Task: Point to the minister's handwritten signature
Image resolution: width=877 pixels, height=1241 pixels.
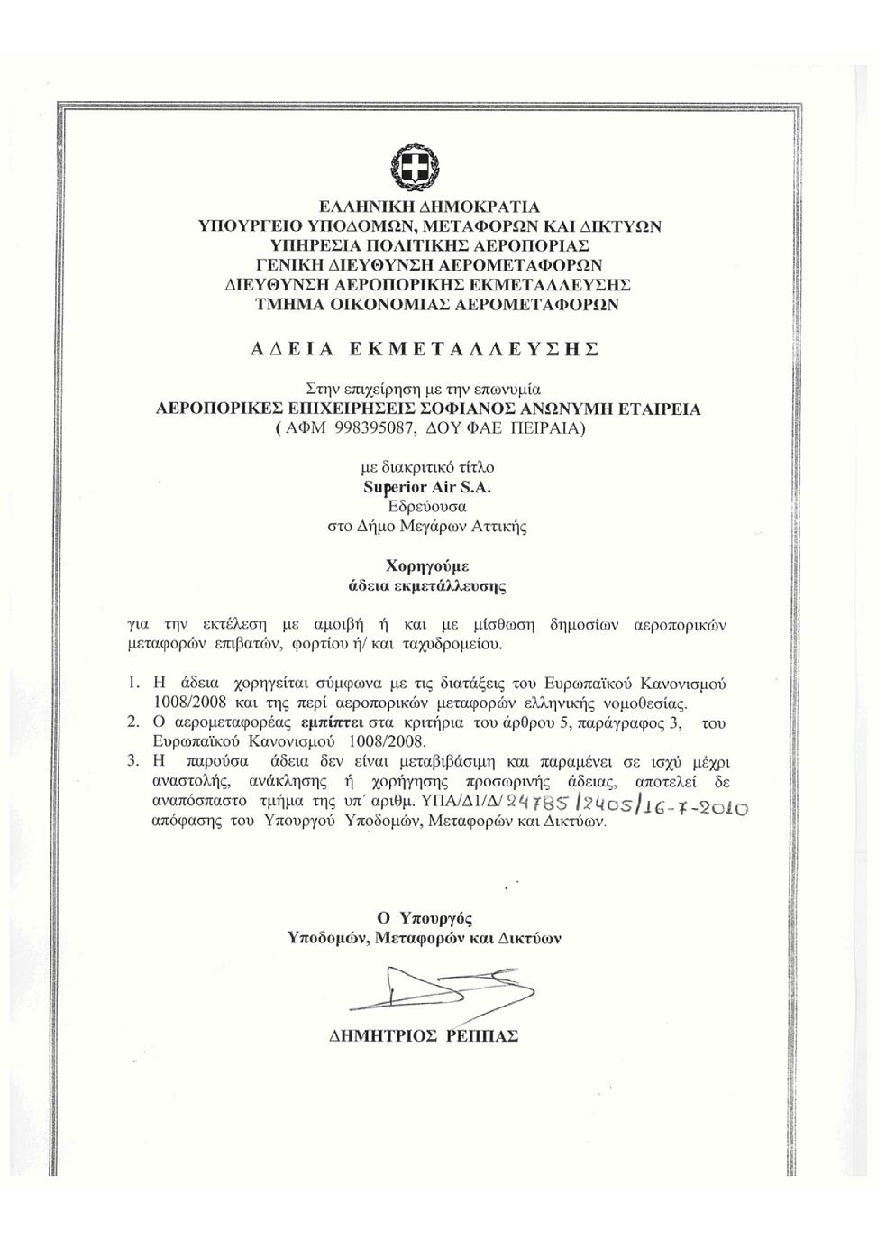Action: point(433,989)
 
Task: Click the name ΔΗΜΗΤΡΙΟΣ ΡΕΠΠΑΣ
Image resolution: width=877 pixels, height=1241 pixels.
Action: point(424,1036)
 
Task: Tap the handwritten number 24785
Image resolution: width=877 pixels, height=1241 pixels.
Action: point(537,802)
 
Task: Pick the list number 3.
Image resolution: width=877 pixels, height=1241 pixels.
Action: point(133,761)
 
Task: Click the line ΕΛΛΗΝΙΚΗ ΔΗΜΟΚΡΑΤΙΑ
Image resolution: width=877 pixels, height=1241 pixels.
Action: point(429,207)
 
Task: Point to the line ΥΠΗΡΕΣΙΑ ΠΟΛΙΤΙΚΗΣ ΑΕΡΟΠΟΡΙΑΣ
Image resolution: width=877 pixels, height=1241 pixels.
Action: point(429,245)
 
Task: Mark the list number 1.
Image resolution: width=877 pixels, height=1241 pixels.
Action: point(133,684)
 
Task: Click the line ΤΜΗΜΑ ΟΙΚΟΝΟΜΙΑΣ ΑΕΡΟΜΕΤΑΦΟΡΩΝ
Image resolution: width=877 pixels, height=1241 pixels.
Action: point(437,305)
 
